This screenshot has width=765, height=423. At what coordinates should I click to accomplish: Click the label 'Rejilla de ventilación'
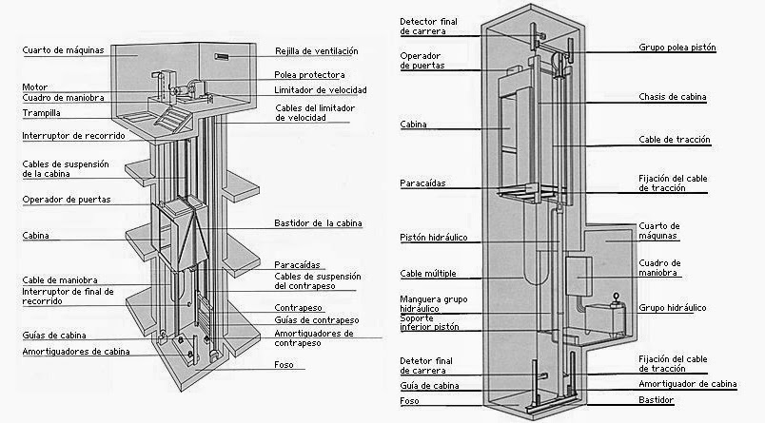[x=317, y=51]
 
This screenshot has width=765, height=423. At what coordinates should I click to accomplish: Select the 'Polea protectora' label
[x=309, y=74]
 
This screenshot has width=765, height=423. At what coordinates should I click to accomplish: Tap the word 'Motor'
[x=34, y=87]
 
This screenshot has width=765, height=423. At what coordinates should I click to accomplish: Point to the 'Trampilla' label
[x=43, y=113]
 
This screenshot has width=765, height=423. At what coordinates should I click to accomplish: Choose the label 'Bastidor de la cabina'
[x=316, y=225]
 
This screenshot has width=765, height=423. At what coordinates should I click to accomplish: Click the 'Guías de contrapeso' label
[x=310, y=320]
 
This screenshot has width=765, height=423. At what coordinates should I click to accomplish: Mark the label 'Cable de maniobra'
[x=56, y=279]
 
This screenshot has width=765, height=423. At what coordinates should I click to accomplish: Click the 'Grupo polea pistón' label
[x=677, y=47]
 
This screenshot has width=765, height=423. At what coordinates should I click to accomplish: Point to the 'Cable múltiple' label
[x=428, y=274]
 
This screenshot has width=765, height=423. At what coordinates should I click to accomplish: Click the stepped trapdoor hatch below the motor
[x=171, y=118]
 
